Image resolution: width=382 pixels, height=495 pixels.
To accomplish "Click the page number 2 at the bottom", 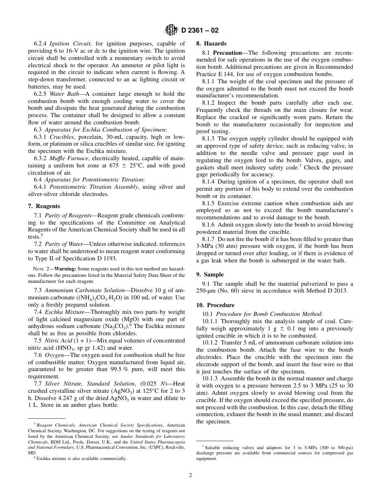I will point(191,475).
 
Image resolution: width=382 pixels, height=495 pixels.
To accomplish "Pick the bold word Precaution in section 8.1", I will point(228,53).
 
